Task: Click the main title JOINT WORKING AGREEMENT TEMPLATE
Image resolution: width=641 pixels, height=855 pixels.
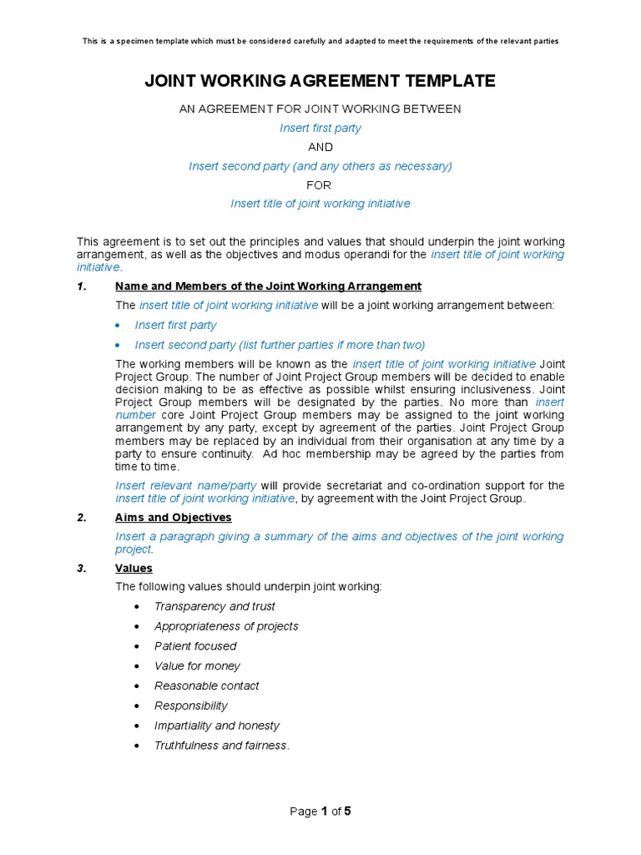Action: tap(320, 81)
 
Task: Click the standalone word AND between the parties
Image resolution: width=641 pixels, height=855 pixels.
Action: tap(320, 147)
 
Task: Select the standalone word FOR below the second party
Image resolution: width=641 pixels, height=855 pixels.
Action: tap(319, 185)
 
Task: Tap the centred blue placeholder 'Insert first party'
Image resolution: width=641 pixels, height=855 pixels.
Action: tap(320, 128)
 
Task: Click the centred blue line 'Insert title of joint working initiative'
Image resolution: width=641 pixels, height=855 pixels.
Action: tap(320, 204)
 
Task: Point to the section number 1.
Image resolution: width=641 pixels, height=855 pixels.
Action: tap(81, 286)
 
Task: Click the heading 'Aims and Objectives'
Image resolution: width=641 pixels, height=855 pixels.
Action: tap(173, 518)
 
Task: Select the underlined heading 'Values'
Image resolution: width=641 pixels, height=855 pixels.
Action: tap(134, 569)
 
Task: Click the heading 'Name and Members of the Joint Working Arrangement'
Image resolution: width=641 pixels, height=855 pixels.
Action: tap(268, 286)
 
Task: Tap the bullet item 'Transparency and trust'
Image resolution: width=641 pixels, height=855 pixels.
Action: tap(215, 606)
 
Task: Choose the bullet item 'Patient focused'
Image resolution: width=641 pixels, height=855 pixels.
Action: tap(195, 646)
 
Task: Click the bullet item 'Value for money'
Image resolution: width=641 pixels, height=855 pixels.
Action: tap(197, 666)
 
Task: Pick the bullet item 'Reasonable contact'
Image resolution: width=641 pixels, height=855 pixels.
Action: tap(206, 686)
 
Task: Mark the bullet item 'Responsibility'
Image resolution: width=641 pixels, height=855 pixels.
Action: tap(191, 706)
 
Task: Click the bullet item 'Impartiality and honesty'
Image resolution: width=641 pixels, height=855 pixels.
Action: tap(217, 726)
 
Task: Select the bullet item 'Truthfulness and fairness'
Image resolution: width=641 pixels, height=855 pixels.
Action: tap(221, 746)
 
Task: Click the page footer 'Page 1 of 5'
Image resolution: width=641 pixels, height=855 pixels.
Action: tap(320, 812)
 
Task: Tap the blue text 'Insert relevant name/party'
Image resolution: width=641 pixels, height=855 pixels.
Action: tap(186, 486)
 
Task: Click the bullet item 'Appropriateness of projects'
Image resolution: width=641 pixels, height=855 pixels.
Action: tap(226, 626)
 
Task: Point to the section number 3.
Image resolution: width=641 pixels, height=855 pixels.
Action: tap(81, 569)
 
